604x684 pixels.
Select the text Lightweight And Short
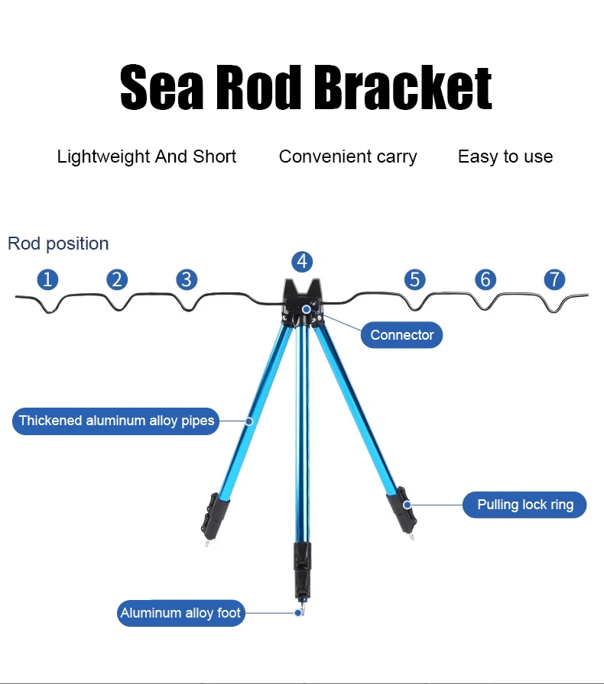(x=147, y=157)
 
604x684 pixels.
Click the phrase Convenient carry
(x=348, y=157)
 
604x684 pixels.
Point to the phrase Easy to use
(x=505, y=157)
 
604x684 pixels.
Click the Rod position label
(x=58, y=244)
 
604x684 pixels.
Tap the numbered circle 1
(x=47, y=279)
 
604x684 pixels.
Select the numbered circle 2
(x=117, y=279)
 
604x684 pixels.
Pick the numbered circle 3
(x=187, y=279)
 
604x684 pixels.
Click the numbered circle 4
(x=302, y=262)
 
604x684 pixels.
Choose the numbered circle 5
(x=414, y=279)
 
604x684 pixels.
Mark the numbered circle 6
(x=485, y=279)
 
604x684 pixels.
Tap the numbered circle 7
(x=554, y=279)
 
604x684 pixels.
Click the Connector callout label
(x=401, y=335)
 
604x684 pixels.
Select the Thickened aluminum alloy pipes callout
(x=116, y=421)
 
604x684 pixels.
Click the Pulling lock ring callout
(x=525, y=505)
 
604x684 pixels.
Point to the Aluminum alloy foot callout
(x=180, y=613)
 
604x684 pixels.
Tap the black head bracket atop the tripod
(x=302, y=300)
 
